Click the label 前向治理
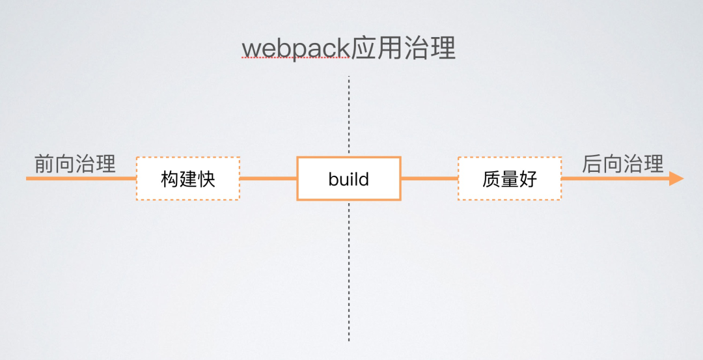pyautogui.click(x=75, y=163)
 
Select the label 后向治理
pyautogui.click(x=622, y=163)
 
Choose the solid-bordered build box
pyautogui.click(x=349, y=178)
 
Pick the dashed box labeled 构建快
pyautogui.click(x=188, y=178)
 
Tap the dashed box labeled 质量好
pyautogui.click(x=510, y=178)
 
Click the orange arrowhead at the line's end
pyautogui.click(x=676, y=178)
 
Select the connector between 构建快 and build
pyautogui.click(x=268, y=178)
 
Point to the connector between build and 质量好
pyautogui.click(x=430, y=178)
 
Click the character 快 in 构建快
pyautogui.click(x=206, y=179)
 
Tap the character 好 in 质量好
pyautogui.click(x=529, y=179)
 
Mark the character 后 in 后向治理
pyautogui.click(x=592, y=163)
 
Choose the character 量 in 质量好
pyautogui.click(x=510, y=179)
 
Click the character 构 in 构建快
pyautogui.click(x=170, y=179)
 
